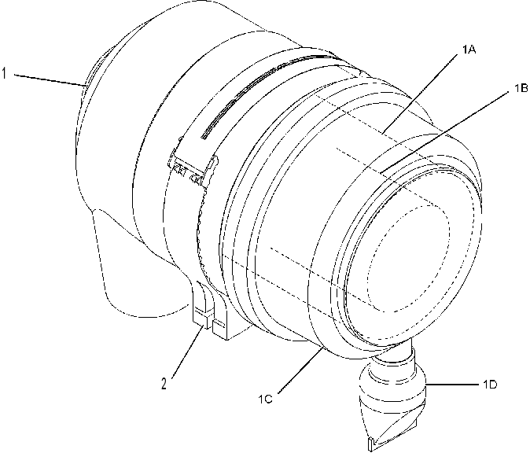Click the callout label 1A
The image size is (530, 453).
[x=469, y=50]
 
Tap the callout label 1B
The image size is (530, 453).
[x=521, y=89]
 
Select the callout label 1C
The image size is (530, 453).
[x=265, y=400]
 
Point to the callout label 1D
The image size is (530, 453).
[x=490, y=385]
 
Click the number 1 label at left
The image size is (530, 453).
[x=4, y=73]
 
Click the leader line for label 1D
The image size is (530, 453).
[x=452, y=385]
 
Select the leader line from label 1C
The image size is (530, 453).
[x=300, y=371]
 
